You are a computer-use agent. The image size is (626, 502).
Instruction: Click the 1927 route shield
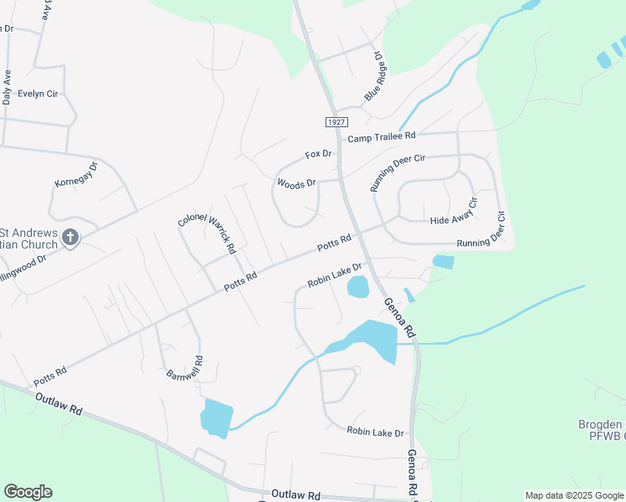335,122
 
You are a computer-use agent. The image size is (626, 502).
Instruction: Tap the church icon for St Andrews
69,238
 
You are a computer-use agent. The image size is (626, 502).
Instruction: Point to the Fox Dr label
319,154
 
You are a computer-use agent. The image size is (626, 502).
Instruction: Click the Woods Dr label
296,183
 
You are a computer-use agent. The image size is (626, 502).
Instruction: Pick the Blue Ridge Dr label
372,78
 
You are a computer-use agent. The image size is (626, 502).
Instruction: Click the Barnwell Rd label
184,366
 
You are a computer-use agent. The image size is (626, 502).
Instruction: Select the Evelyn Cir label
37,94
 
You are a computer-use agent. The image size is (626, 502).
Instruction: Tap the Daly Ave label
7,87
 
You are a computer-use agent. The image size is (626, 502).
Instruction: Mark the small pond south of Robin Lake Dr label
357,288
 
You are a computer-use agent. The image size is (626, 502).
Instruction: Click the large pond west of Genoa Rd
372,339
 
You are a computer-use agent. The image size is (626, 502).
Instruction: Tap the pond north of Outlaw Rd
216,417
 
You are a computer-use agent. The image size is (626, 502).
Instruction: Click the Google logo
28,492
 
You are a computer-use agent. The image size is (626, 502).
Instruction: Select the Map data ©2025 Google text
574,495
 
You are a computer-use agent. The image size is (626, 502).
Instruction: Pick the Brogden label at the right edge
601,424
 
